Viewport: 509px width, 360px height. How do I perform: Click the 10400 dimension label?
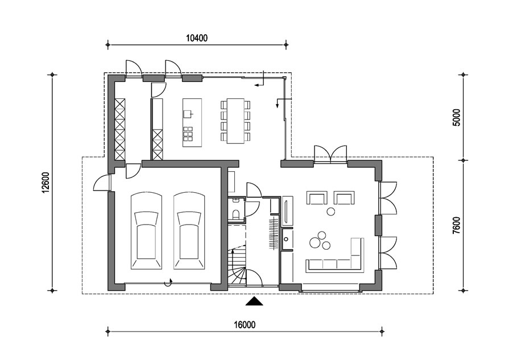pos(197,38)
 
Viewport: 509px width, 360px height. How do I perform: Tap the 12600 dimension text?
pos(45,183)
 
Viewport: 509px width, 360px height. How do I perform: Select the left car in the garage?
pos(146,230)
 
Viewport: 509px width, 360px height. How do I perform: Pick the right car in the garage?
pos(189,230)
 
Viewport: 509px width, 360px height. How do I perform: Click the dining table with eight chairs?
pos(235,121)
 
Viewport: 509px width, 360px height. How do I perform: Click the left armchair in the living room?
pos(317,197)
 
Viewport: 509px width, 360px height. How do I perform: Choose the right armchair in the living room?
pos(344,197)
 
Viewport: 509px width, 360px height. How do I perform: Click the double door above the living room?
pos(330,154)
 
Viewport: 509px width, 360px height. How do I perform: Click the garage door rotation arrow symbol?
pos(168,282)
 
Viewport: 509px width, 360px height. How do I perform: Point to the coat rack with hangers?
pos(274,230)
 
